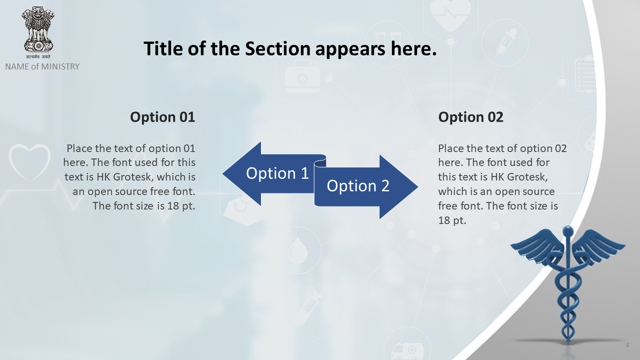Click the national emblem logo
pyautogui.click(x=38, y=32)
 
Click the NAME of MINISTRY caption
pyautogui.click(x=42, y=66)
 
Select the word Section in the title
pyautogui.click(x=277, y=48)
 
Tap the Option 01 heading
pyautogui.click(x=162, y=117)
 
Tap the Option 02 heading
pyautogui.click(x=471, y=117)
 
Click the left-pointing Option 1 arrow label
pyautogui.click(x=277, y=173)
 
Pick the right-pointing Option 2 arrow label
pyautogui.click(x=358, y=185)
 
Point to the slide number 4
pyautogui.click(x=627, y=345)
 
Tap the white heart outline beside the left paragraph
pyautogui.click(x=29, y=162)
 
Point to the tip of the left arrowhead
pyautogui.click(x=223, y=173)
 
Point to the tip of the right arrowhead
pyautogui.click(x=417, y=187)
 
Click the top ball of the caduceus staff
pyautogui.click(x=567, y=230)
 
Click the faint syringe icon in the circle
pyautogui.click(x=505, y=43)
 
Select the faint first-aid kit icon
pyautogui.click(x=302, y=76)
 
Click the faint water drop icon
pyautogui.click(x=297, y=250)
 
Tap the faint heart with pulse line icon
pyautogui.click(x=450, y=14)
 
